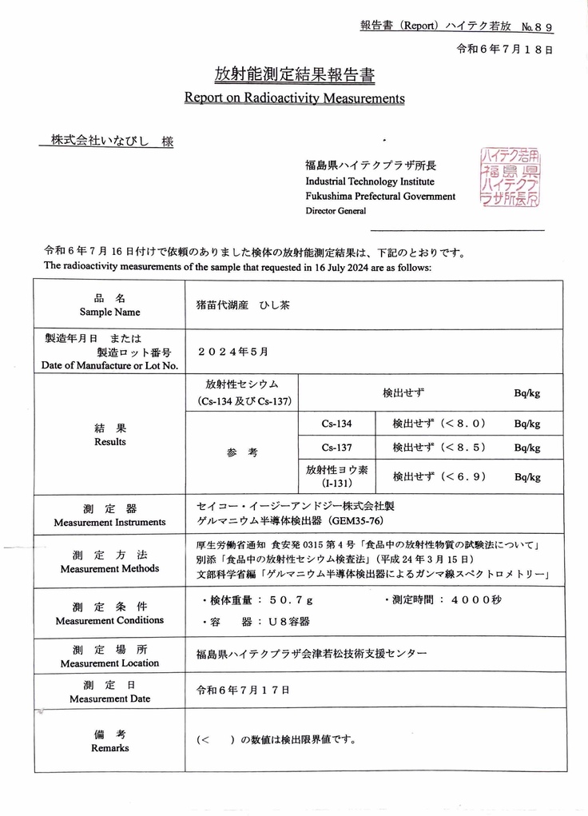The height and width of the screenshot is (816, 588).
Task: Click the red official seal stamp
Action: point(510,177)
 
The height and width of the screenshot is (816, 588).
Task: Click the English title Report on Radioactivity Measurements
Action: point(294,98)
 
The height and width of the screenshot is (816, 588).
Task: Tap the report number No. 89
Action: point(537,27)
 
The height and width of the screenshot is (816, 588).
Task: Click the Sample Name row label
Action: point(109,305)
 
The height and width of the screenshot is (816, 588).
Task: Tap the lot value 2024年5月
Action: point(232,351)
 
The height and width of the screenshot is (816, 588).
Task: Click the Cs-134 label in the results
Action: point(336,424)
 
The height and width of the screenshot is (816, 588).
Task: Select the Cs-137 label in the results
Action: point(336,448)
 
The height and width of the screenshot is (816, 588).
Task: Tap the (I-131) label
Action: point(336,484)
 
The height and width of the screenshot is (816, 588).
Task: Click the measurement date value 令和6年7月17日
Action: point(243,690)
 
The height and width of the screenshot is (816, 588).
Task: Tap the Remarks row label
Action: point(109,741)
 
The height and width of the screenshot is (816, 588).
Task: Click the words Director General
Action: point(336,211)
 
